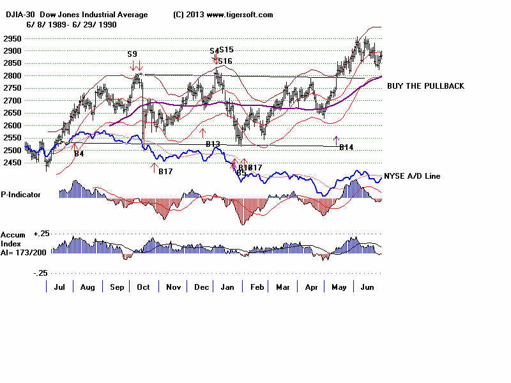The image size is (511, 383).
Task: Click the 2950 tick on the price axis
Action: pos(12,39)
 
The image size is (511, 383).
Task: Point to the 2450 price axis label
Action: pos(12,163)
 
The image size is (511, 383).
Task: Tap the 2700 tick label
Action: pos(12,101)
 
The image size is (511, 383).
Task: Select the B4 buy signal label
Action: pos(79,154)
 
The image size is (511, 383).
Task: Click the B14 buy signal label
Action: pos(346,148)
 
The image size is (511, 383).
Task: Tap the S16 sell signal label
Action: pos(224,61)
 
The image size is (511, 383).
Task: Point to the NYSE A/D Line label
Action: pos(412,176)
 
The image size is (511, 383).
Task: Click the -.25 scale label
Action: pos(40,273)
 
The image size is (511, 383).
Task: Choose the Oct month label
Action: pos(143,287)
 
